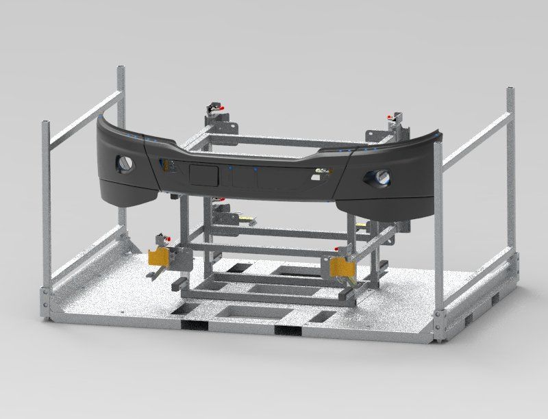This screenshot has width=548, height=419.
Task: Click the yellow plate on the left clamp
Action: (x=159, y=255)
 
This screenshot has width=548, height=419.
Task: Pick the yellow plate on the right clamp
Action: (x=341, y=267)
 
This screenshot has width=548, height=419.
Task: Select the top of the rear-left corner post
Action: (x=121, y=69)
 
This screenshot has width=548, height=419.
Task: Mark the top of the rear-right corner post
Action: (x=510, y=90)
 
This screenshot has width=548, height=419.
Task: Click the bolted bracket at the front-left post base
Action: (x=44, y=302)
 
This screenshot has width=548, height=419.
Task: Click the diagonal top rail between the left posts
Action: (x=82, y=116)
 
